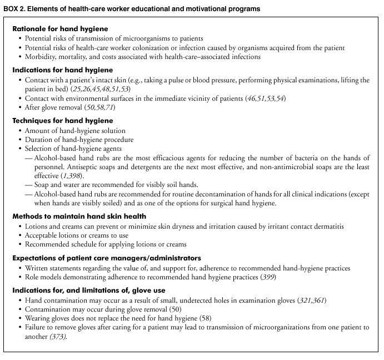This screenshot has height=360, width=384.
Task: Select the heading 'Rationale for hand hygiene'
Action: pos(61,28)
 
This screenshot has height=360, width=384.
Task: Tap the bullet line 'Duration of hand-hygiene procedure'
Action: pos(79,139)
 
